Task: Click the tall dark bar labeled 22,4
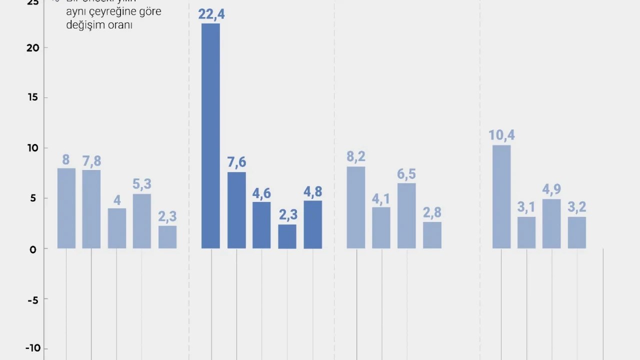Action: (x=210, y=136)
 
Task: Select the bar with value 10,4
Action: (x=501, y=196)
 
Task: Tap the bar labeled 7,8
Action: (x=91, y=209)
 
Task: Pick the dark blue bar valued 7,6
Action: (x=236, y=210)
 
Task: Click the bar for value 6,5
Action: (x=406, y=215)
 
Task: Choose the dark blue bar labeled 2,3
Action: (x=287, y=236)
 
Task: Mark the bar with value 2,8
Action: (x=432, y=235)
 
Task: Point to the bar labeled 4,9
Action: (x=551, y=223)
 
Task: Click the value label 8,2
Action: (x=356, y=156)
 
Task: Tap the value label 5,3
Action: (x=142, y=184)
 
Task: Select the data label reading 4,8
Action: (x=312, y=191)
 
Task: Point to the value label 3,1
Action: (x=526, y=207)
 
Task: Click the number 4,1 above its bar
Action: (x=381, y=198)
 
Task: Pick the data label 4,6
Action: (x=261, y=193)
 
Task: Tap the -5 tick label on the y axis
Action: (x=32, y=299)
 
